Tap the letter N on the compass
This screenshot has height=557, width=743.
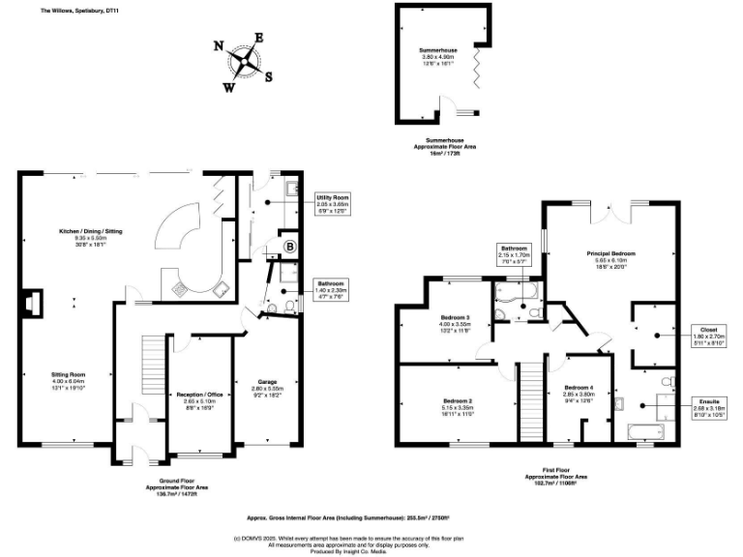tap(218, 45)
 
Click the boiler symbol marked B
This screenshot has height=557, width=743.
tap(288, 246)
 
